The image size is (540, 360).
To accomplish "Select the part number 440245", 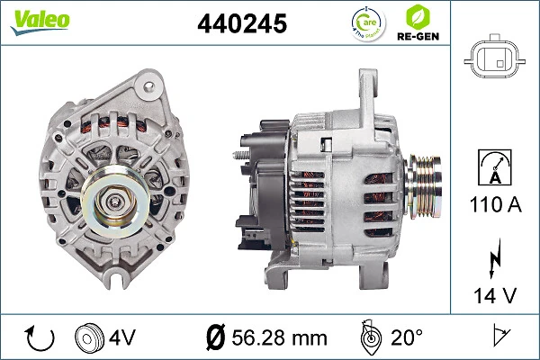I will [x=241, y=24].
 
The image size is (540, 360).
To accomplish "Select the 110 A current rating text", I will [x=494, y=206].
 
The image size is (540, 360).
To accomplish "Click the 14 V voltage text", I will [x=494, y=293].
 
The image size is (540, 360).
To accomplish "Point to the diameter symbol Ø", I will [x=216, y=339].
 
